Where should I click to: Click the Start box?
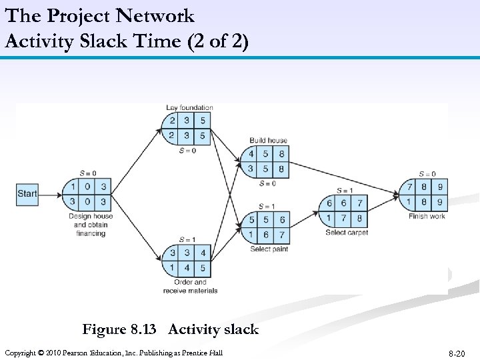(x=27, y=194)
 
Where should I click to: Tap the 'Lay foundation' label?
(x=189, y=107)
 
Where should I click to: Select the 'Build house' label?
(x=268, y=141)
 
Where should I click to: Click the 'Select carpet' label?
(x=347, y=233)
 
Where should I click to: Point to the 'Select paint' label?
(x=269, y=249)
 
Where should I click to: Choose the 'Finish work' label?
(x=427, y=216)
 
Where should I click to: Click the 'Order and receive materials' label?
(x=190, y=286)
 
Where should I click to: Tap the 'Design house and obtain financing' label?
(x=90, y=225)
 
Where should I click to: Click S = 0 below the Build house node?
(x=267, y=183)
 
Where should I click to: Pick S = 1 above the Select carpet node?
(x=345, y=191)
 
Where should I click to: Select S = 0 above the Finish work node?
(x=426, y=174)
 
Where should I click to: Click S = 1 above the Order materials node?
(x=188, y=240)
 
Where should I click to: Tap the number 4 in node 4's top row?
(x=251, y=154)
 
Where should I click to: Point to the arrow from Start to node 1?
(x=49, y=194)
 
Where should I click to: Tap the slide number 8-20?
(x=456, y=353)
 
